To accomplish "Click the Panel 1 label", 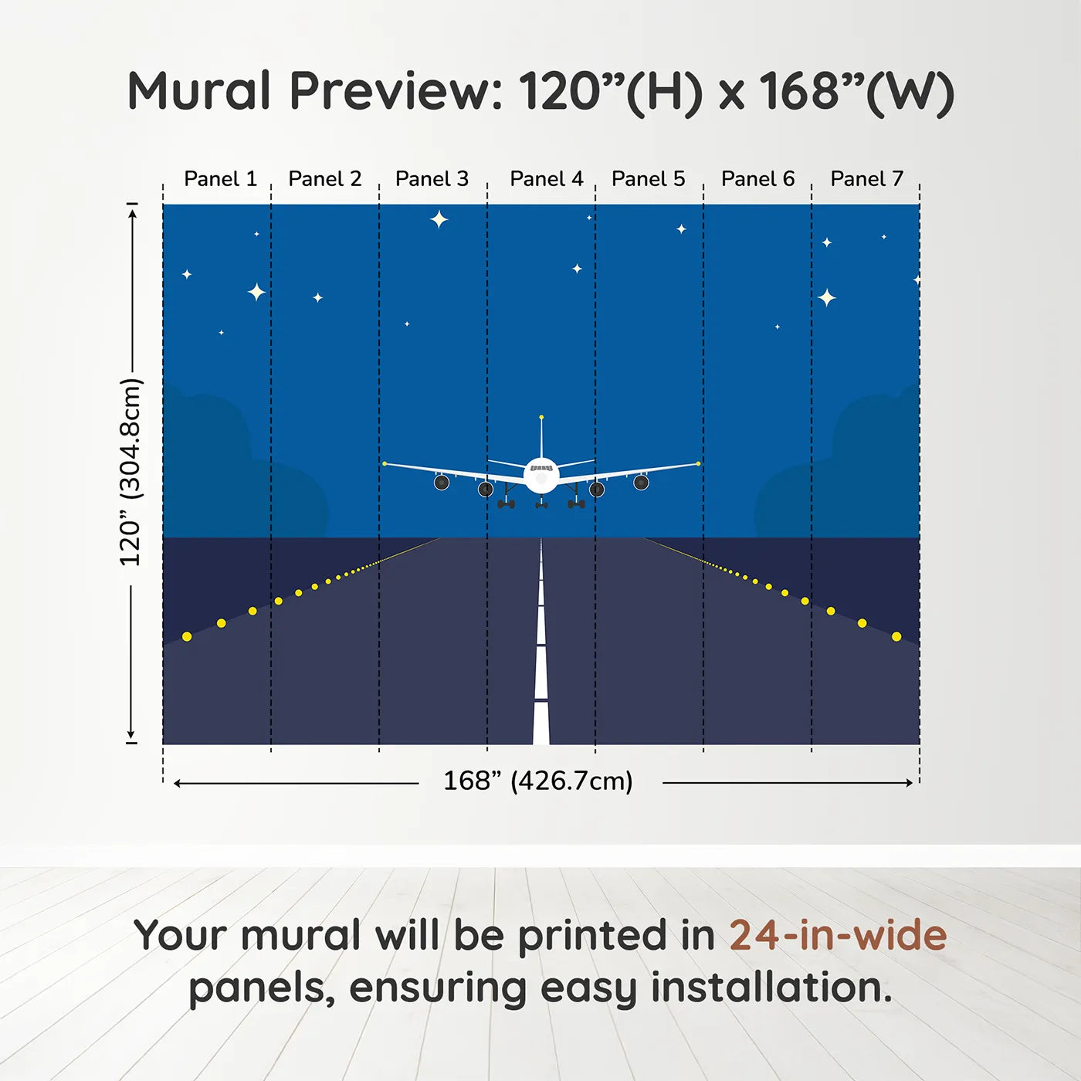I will (220, 179).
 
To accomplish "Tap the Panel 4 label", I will (546, 179).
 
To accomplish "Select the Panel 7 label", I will (866, 179).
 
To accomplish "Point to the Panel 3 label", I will (432, 179).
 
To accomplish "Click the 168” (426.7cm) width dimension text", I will (537, 781).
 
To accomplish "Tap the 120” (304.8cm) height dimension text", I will (130, 472).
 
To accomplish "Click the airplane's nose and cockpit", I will (541, 473).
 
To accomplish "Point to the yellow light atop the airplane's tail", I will (541, 417).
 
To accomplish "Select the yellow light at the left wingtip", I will (385, 463).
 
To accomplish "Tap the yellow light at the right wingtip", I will (698, 463).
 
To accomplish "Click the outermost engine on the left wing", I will (442, 483).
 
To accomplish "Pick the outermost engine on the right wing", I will (641, 483).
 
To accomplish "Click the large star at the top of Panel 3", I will (439, 219).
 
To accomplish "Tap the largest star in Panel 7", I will (827, 297).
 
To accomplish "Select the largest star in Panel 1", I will (256, 292).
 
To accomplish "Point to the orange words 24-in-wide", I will (838, 935).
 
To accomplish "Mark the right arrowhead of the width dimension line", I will (910, 783).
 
